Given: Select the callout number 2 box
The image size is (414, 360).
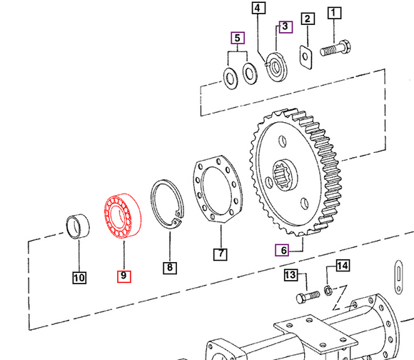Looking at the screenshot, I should click(306, 20).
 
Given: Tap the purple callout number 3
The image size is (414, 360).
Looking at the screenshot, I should click(285, 27).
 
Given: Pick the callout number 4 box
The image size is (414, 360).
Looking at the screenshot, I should click(258, 9).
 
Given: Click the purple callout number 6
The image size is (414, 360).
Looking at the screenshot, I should click(283, 249).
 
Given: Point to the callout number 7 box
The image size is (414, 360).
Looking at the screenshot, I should click(220, 254).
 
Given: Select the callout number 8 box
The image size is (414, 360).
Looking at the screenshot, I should click(169, 268).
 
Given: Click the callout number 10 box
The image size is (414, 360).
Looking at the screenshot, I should click(79, 277).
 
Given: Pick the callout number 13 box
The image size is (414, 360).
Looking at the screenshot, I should click(291, 275).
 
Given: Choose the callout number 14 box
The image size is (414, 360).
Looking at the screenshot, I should click(343, 266).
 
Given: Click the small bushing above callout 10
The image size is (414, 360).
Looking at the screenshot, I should click(79, 226).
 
